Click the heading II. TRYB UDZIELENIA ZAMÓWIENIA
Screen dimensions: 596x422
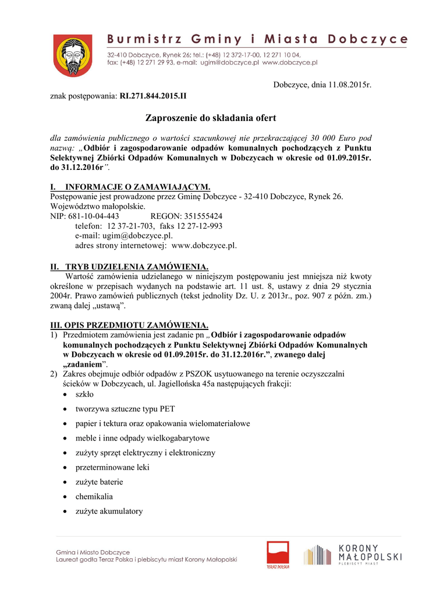click(129, 266)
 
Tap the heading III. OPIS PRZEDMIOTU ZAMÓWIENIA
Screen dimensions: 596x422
click(129, 325)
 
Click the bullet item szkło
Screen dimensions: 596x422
click(85, 395)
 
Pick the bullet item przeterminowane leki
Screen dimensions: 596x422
click(112, 467)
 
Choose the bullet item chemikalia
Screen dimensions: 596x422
click(94, 496)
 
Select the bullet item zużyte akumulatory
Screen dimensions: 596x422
click(109, 511)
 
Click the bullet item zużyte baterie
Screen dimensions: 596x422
click(99, 482)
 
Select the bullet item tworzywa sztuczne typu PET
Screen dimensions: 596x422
click(121, 409)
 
